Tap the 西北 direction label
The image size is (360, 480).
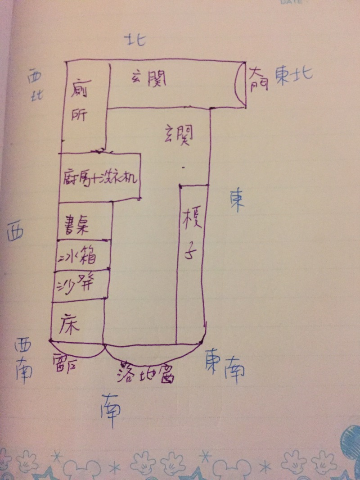(34, 86)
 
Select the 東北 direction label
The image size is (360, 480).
(294, 74)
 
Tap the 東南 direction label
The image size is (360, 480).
(225, 363)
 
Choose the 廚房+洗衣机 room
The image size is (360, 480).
(100, 178)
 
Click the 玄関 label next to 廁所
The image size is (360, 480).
(149, 80)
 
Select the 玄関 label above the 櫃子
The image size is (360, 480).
(179, 134)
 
